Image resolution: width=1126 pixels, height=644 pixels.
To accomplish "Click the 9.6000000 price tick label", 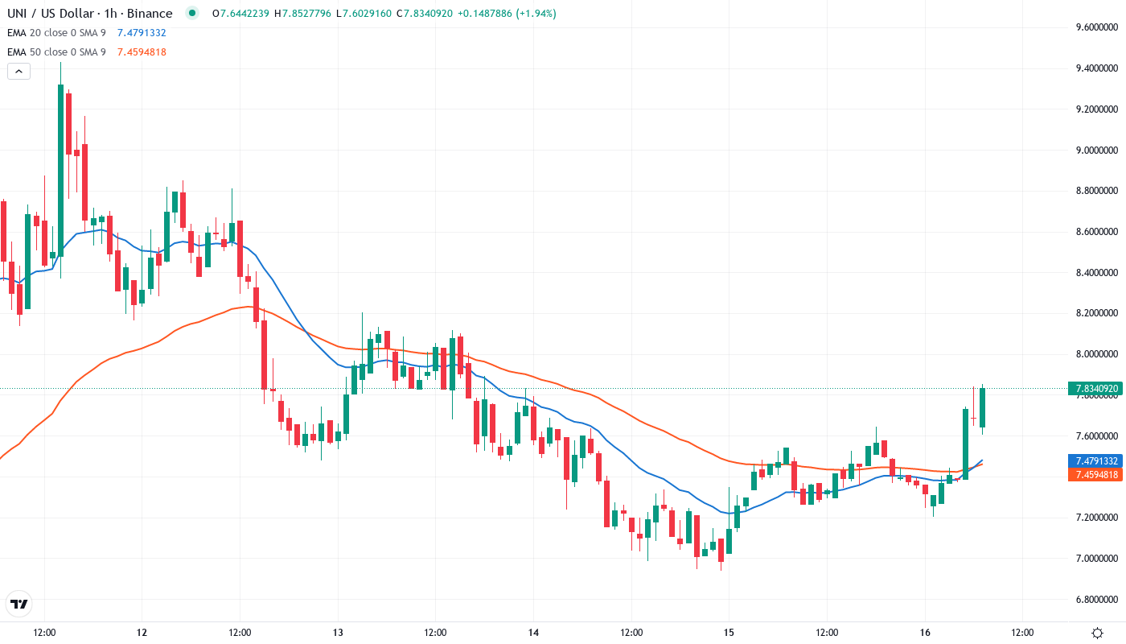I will click(1098, 27).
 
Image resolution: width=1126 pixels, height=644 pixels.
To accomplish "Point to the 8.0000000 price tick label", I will click(1098, 354).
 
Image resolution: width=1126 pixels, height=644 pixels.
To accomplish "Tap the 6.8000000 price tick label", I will click(1098, 600).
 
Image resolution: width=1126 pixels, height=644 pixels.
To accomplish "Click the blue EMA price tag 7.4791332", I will click(1095, 461).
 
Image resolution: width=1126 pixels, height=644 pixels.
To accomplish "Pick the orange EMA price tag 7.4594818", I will click(1095, 475).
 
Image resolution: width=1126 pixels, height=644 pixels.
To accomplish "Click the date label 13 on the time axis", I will click(338, 632).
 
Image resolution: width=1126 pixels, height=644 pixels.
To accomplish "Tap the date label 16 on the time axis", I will click(925, 632).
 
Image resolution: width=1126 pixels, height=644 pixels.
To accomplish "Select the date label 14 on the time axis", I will click(533, 632).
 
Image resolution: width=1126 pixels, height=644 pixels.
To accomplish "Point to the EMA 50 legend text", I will click(56, 52).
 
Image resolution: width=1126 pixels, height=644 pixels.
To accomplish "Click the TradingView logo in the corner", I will click(19, 604).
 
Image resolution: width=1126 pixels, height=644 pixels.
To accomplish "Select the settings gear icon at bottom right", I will click(1097, 632).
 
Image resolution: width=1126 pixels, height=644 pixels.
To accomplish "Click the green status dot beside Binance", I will click(191, 13).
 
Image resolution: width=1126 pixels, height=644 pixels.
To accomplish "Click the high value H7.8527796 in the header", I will click(304, 14).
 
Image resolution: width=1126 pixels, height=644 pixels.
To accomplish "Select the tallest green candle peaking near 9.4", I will click(60, 169).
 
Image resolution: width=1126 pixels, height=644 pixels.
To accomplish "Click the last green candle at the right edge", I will click(983, 407).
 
